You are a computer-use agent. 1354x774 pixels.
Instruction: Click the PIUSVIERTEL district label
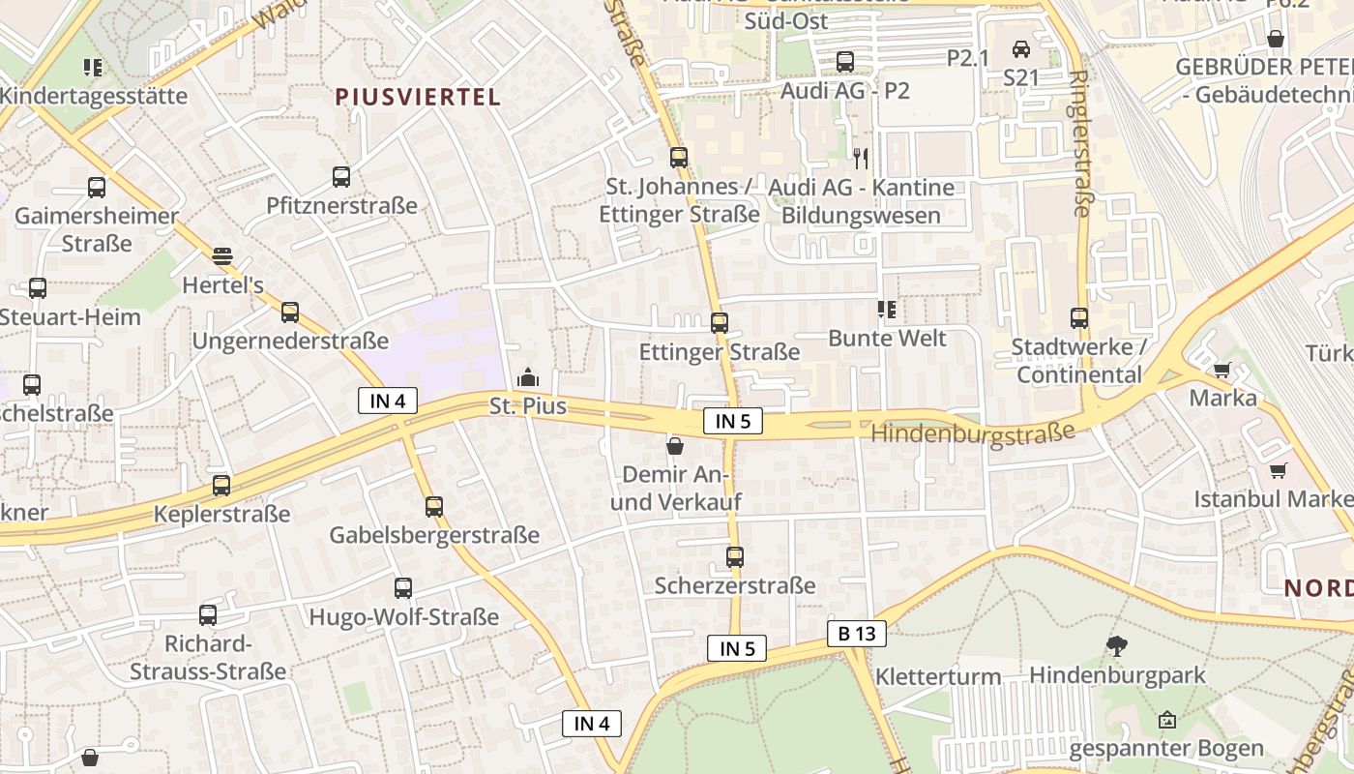pyautogui.click(x=418, y=97)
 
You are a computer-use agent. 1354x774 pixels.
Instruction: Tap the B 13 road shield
pyautogui.click(x=857, y=634)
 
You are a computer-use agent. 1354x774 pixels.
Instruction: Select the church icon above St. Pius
pyautogui.click(x=528, y=377)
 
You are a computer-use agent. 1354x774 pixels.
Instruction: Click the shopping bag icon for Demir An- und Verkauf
pyautogui.click(x=675, y=446)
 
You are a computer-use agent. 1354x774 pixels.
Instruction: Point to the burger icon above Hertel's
pyautogui.click(x=222, y=256)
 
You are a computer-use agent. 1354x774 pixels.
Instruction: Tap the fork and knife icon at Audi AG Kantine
pyautogui.click(x=860, y=158)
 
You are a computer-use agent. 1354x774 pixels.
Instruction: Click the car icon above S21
pyautogui.click(x=1020, y=48)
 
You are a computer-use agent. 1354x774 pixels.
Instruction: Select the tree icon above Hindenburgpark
pyautogui.click(x=1117, y=645)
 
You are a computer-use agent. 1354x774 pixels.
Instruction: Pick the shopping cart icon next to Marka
pyautogui.click(x=1222, y=370)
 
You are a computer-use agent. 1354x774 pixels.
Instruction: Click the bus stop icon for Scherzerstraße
pyautogui.click(x=735, y=557)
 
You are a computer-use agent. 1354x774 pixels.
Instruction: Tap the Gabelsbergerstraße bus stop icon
pyautogui.click(x=434, y=506)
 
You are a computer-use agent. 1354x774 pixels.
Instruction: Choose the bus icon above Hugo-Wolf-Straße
pyautogui.click(x=402, y=587)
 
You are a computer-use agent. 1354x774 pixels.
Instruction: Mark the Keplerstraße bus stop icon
pyautogui.click(x=221, y=486)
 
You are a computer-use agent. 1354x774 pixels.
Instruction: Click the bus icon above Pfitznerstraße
pyautogui.click(x=341, y=177)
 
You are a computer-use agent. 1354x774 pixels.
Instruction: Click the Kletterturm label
pyautogui.click(x=938, y=676)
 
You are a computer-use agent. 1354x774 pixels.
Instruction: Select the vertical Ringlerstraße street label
pyautogui.click(x=1080, y=143)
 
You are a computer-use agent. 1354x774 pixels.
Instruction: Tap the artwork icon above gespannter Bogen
pyautogui.click(x=1167, y=720)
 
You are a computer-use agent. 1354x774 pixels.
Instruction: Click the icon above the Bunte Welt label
pyautogui.click(x=886, y=310)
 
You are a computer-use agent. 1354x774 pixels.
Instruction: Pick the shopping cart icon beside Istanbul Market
pyautogui.click(x=1279, y=471)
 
